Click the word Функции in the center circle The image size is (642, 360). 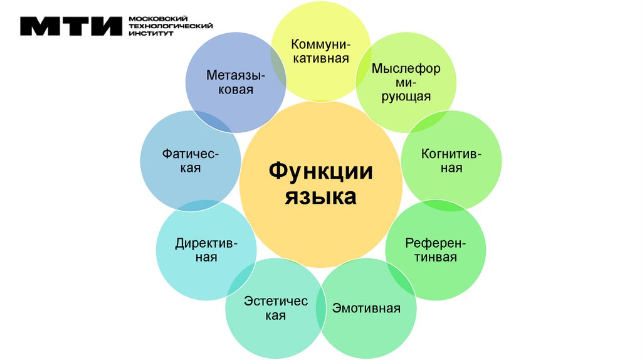[x=321, y=171]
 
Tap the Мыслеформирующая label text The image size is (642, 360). [x=406, y=82]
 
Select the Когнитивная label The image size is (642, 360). [x=451, y=161]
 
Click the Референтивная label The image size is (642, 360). [x=435, y=250]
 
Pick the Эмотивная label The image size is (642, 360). [x=366, y=308]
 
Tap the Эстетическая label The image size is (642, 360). [x=276, y=308]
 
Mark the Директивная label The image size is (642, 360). [x=206, y=250]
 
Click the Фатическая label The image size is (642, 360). [x=190, y=161]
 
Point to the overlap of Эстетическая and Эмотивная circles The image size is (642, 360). [x=321, y=307]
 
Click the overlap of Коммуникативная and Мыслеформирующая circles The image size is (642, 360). [x=363, y=62]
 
